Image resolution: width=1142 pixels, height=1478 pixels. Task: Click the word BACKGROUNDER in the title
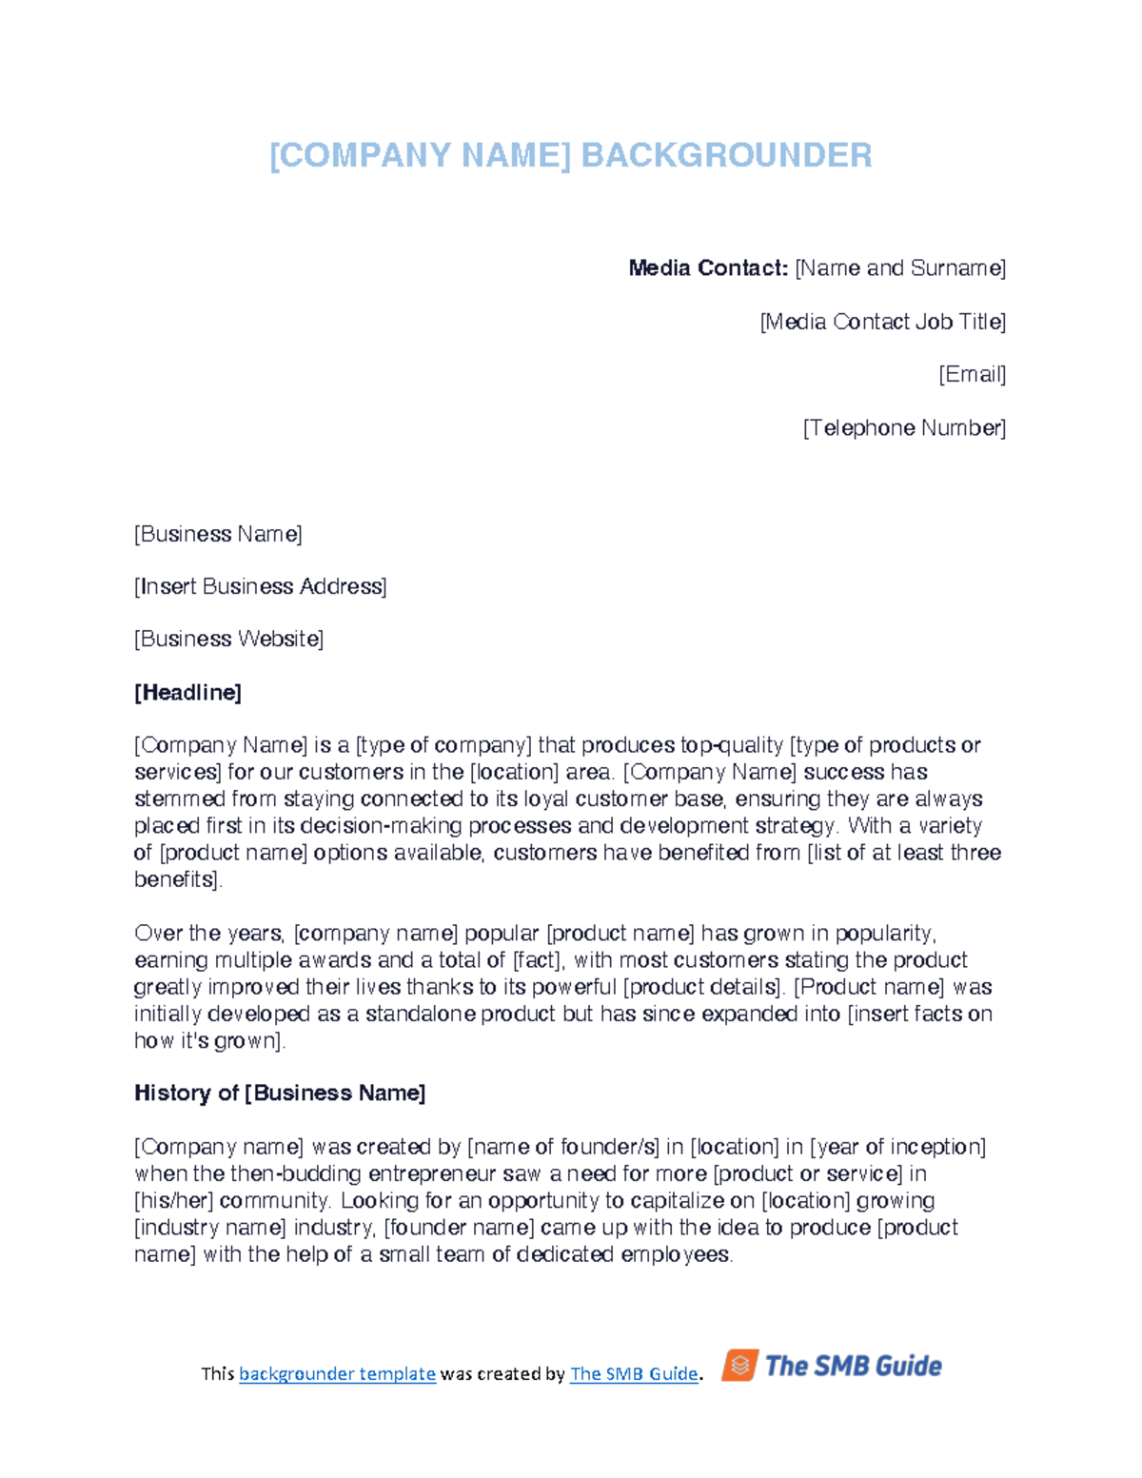[726, 155]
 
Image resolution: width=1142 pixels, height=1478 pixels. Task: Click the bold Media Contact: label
[708, 268]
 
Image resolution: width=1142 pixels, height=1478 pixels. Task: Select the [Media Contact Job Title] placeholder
[882, 322]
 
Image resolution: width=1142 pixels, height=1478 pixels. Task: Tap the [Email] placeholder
[972, 374]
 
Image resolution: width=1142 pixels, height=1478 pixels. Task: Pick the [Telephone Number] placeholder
[904, 428]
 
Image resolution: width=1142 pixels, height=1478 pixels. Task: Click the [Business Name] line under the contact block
[218, 534]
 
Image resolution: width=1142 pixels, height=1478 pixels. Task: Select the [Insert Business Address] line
[260, 586]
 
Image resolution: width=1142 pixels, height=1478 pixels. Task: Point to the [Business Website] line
[228, 639]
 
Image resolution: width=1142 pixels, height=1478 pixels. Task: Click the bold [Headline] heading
[187, 692]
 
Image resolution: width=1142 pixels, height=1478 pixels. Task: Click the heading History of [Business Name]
[280, 1093]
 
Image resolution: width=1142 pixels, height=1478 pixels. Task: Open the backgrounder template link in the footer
[337, 1373]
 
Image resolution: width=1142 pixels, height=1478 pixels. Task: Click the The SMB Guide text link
[633, 1373]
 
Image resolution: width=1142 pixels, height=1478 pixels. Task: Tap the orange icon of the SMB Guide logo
[740, 1365]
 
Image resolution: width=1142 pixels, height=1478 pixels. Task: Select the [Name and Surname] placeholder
[900, 268]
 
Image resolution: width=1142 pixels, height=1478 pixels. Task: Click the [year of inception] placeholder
[897, 1146]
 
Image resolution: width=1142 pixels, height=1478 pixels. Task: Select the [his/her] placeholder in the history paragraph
[173, 1200]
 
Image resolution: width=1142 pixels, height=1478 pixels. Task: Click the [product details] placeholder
[703, 987]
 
